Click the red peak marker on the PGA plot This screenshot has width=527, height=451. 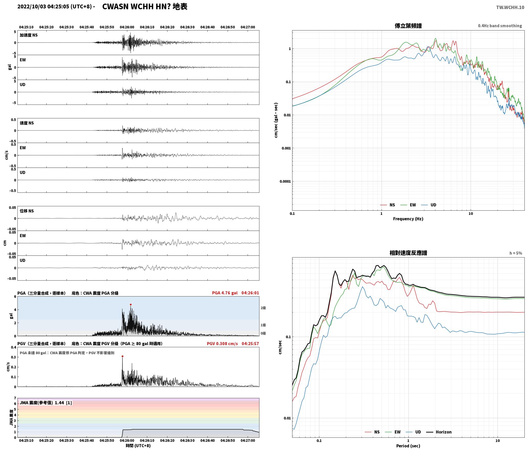pyautogui.click(x=131, y=305)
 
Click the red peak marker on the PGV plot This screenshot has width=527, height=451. pyautogui.click(x=122, y=356)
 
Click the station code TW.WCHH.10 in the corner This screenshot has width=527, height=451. pyautogui.click(x=510, y=7)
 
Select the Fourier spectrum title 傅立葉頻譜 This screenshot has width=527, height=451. pyautogui.click(x=408, y=26)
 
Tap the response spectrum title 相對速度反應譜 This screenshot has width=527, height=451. pyautogui.click(x=408, y=253)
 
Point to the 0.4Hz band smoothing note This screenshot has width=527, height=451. pyautogui.click(x=500, y=26)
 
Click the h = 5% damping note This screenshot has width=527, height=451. pyautogui.click(x=515, y=253)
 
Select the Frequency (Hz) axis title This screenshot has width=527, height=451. pyautogui.click(x=408, y=219)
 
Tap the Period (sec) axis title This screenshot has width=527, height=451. pyautogui.click(x=408, y=446)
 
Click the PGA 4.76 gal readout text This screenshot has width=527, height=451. pyautogui.click(x=225, y=293)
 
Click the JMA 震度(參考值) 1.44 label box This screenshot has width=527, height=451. pyautogui.click(x=46, y=403)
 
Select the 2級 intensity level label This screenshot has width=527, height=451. pyautogui.click(x=263, y=308)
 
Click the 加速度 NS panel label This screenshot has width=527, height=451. pyautogui.click(x=29, y=35)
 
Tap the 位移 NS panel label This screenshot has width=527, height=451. pyautogui.click(x=27, y=211)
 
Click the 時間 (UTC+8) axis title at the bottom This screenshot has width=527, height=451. pyautogui.click(x=138, y=446)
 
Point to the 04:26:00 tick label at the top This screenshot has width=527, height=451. pyautogui.click(x=127, y=27)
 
